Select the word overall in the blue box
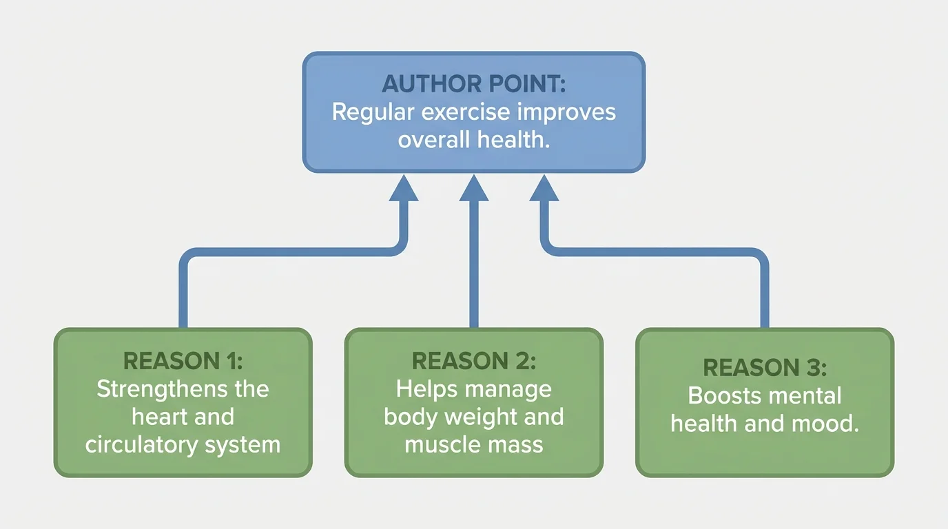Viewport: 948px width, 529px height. pos(434,140)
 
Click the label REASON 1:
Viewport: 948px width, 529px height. pos(183,361)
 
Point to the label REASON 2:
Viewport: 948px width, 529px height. pos(473,361)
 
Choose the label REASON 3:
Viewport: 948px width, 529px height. pos(764,369)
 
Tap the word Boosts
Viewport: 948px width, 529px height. pos(721,397)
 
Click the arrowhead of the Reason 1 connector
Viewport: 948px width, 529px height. pos(404,188)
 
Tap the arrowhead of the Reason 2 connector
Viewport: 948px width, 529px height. pos(473,188)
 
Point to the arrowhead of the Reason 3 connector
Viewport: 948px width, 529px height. pos(544,188)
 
